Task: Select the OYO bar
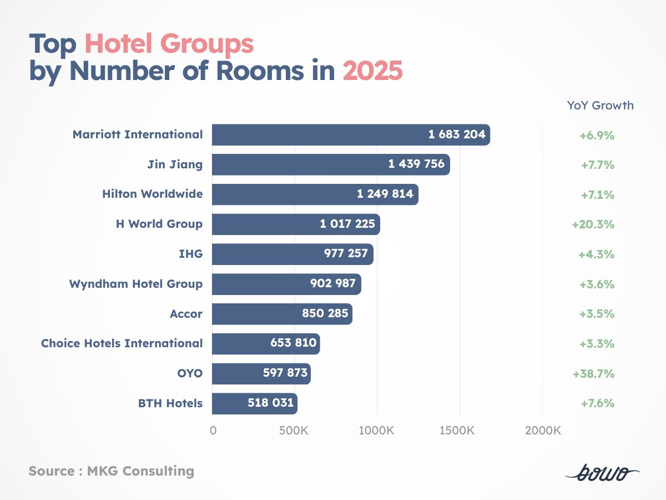pyautogui.click(x=261, y=373)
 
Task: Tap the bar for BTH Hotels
pyautogui.click(x=254, y=403)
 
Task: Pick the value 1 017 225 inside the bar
pyautogui.click(x=347, y=224)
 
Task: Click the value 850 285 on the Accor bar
pyautogui.click(x=325, y=314)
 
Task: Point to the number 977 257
pyautogui.click(x=346, y=254)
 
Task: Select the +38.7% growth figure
pyautogui.click(x=593, y=374)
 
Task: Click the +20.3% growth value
pyautogui.click(x=593, y=224)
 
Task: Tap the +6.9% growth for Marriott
pyautogui.click(x=597, y=135)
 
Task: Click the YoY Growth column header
pyautogui.click(x=600, y=105)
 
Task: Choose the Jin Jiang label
pyautogui.click(x=175, y=164)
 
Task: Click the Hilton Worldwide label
pyautogui.click(x=152, y=194)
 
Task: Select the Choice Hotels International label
pyautogui.click(x=122, y=343)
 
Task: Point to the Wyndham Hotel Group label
pyautogui.click(x=135, y=284)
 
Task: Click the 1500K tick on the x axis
pyautogui.click(x=460, y=431)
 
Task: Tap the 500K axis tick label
pyautogui.click(x=294, y=431)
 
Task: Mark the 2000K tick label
pyautogui.click(x=542, y=431)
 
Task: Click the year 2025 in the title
pyautogui.click(x=372, y=72)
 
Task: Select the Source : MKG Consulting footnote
pyautogui.click(x=112, y=472)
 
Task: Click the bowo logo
pyautogui.click(x=602, y=473)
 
